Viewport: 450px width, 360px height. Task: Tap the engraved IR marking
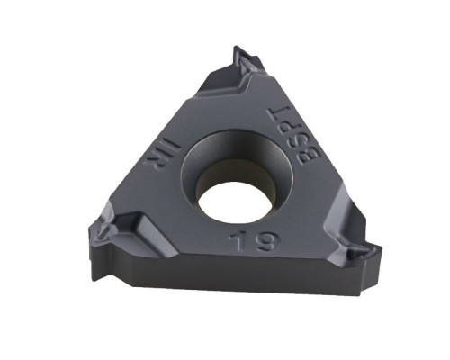pyautogui.click(x=164, y=155)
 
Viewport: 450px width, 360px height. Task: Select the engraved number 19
pyautogui.click(x=255, y=241)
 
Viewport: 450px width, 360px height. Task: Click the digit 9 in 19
pyautogui.click(x=268, y=242)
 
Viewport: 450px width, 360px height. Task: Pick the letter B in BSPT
pyautogui.click(x=310, y=155)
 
